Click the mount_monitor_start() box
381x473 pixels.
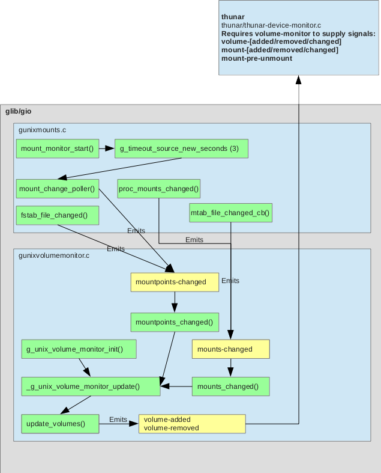pyautogui.click(x=57, y=148)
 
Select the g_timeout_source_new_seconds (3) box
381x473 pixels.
pyautogui.click(x=181, y=148)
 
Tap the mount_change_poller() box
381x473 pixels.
pyautogui.click(x=57, y=189)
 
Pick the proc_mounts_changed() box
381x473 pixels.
pyautogui.click(x=158, y=189)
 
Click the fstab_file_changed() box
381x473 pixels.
pyautogui.click(x=58, y=215)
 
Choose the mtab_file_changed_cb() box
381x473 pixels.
pyautogui.click(x=230, y=213)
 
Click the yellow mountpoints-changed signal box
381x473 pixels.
pyautogui.click(x=175, y=282)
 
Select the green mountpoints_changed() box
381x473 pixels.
pyautogui.click(x=174, y=322)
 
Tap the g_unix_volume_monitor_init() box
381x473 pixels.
pyautogui.click(x=79, y=349)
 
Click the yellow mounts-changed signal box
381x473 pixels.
pyautogui.click(x=230, y=349)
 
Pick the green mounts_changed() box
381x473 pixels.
pyautogui.click(x=230, y=386)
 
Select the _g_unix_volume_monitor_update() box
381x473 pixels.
pyautogui.click(x=91, y=386)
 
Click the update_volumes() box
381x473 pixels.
pyautogui.click(x=56, y=424)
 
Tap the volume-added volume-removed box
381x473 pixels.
pyautogui.click(x=192, y=424)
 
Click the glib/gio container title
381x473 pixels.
pyautogui.click(x=18, y=112)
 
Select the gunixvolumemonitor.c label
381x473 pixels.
pyautogui.click(x=54, y=255)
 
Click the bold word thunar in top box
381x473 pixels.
pyautogui.click(x=233, y=16)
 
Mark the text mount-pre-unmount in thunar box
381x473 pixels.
pyautogui.click(x=257, y=58)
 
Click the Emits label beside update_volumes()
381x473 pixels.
pyautogui.click(x=118, y=420)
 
